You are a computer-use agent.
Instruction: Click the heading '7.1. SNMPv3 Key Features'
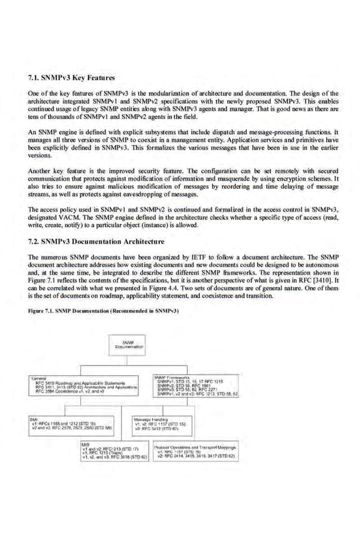(71, 77)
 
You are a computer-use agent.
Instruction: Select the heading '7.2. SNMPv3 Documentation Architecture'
(96, 242)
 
